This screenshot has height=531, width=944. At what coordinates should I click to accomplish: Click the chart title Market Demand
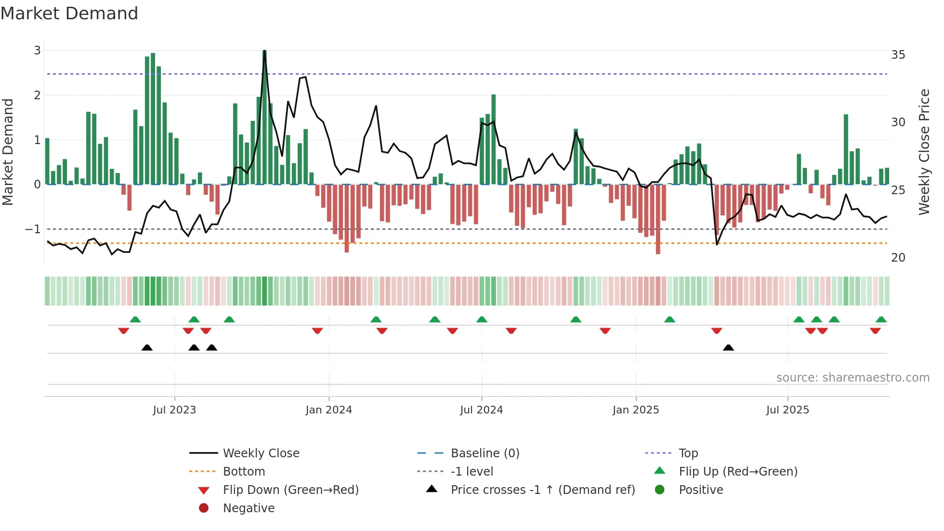69,13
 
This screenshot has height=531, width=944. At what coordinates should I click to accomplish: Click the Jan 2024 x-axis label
328,410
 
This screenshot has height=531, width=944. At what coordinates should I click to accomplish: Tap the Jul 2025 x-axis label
787,410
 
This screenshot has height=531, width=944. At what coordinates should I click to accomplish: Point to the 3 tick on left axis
37,51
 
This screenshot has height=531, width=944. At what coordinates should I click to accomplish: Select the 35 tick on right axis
898,55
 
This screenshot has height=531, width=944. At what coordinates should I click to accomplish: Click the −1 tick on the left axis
33,229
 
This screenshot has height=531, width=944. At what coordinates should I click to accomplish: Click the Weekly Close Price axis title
924,152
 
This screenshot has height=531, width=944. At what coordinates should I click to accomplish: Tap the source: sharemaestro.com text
852,378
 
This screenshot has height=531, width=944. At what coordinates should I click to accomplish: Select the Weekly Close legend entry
261,453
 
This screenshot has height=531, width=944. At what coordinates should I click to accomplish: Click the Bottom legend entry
244,472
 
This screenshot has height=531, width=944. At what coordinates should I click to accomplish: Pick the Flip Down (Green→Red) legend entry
290,490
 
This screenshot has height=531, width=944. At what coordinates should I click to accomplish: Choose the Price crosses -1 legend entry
542,490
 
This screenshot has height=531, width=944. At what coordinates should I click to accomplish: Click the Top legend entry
688,453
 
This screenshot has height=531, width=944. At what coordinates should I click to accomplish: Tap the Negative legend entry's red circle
204,508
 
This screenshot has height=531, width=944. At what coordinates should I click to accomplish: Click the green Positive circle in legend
660,490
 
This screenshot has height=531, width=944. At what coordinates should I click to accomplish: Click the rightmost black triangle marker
728,348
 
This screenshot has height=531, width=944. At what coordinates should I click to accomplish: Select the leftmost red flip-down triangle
123,331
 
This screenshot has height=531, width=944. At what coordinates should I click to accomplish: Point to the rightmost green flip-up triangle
881,319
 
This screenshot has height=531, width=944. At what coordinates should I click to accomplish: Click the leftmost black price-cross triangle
147,348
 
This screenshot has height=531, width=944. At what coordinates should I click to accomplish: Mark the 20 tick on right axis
898,258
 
